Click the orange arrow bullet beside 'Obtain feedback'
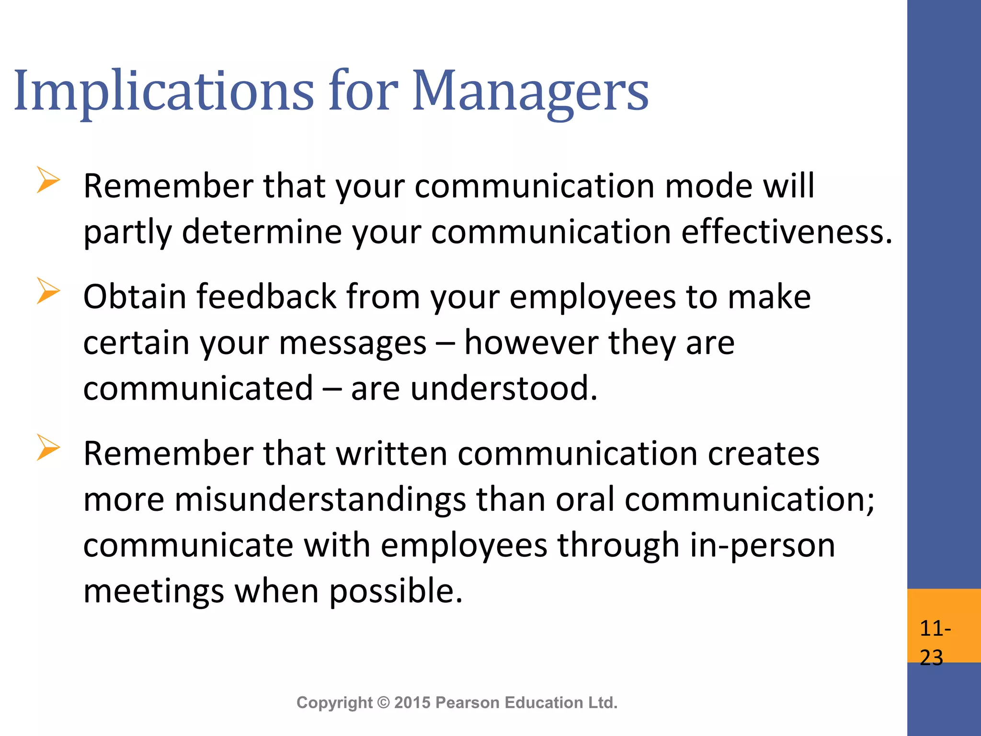click(48, 291)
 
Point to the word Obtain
click(135, 297)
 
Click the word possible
click(396, 591)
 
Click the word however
click(531, 343)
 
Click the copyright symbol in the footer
click(384, 702)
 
